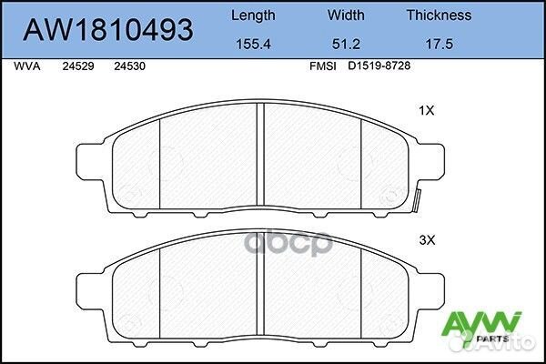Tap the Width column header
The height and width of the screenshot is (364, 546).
coord(347,15)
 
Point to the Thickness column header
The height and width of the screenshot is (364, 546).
coord(438,15)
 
